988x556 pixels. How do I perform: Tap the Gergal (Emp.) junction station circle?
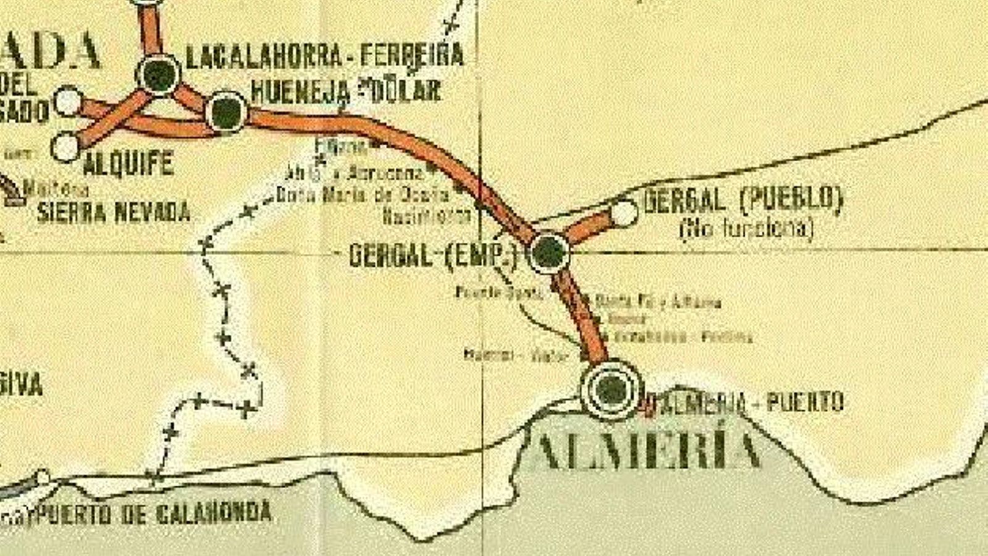click(x=549, y=252)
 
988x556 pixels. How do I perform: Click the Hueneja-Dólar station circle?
click(x=227, y=112)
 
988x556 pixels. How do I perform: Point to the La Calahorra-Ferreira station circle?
click(x=159, y=74)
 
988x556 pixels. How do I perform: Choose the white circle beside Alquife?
click(x=66, y=147)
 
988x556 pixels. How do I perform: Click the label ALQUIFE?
click(x=128, y=164)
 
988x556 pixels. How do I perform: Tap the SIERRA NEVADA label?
click(x=114, y=212)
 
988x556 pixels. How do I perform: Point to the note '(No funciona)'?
click(x=746, y=229)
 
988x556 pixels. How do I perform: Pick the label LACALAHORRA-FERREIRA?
click(x=325, y=56)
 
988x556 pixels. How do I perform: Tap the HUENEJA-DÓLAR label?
click(x=346, y=91)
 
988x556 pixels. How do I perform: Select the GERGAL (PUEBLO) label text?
click(x=743, y=200)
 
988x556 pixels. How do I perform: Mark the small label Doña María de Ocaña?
click(x=363, y=195)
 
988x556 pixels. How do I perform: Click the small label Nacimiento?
click(x=426, y=216)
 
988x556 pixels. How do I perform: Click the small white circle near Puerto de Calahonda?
click(x=42, y=478)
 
